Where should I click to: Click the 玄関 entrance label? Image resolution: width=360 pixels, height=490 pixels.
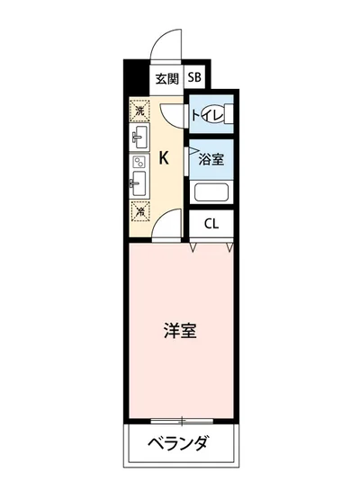tap(165, 77)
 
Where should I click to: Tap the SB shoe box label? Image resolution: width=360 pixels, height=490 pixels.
tap(195, 77)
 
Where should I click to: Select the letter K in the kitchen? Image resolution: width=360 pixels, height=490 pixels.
tap(164, 157)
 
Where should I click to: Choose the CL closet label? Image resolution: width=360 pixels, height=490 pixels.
tap(211, 224)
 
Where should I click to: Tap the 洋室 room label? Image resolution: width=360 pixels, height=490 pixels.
tap(180, 330)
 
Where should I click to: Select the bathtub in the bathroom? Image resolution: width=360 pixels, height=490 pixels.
tap(212, 192)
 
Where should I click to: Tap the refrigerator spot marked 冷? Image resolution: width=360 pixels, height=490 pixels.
tap(139, 212)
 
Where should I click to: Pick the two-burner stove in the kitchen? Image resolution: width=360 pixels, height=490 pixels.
tap(139, 163)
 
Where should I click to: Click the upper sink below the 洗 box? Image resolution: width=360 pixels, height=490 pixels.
tap(139, 138)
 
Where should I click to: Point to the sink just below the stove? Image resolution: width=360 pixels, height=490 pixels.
tap(139, 187)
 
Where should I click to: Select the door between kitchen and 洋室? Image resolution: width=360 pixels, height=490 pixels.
tap(164, 230)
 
